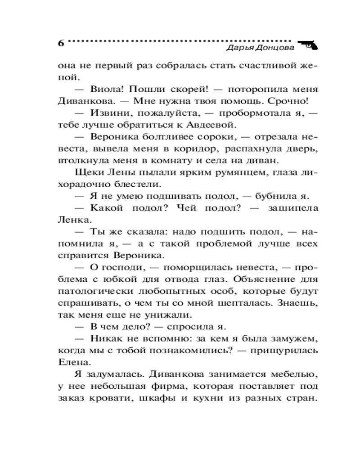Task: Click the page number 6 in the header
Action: coord(61,44)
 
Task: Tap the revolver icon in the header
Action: coord(307,44)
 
